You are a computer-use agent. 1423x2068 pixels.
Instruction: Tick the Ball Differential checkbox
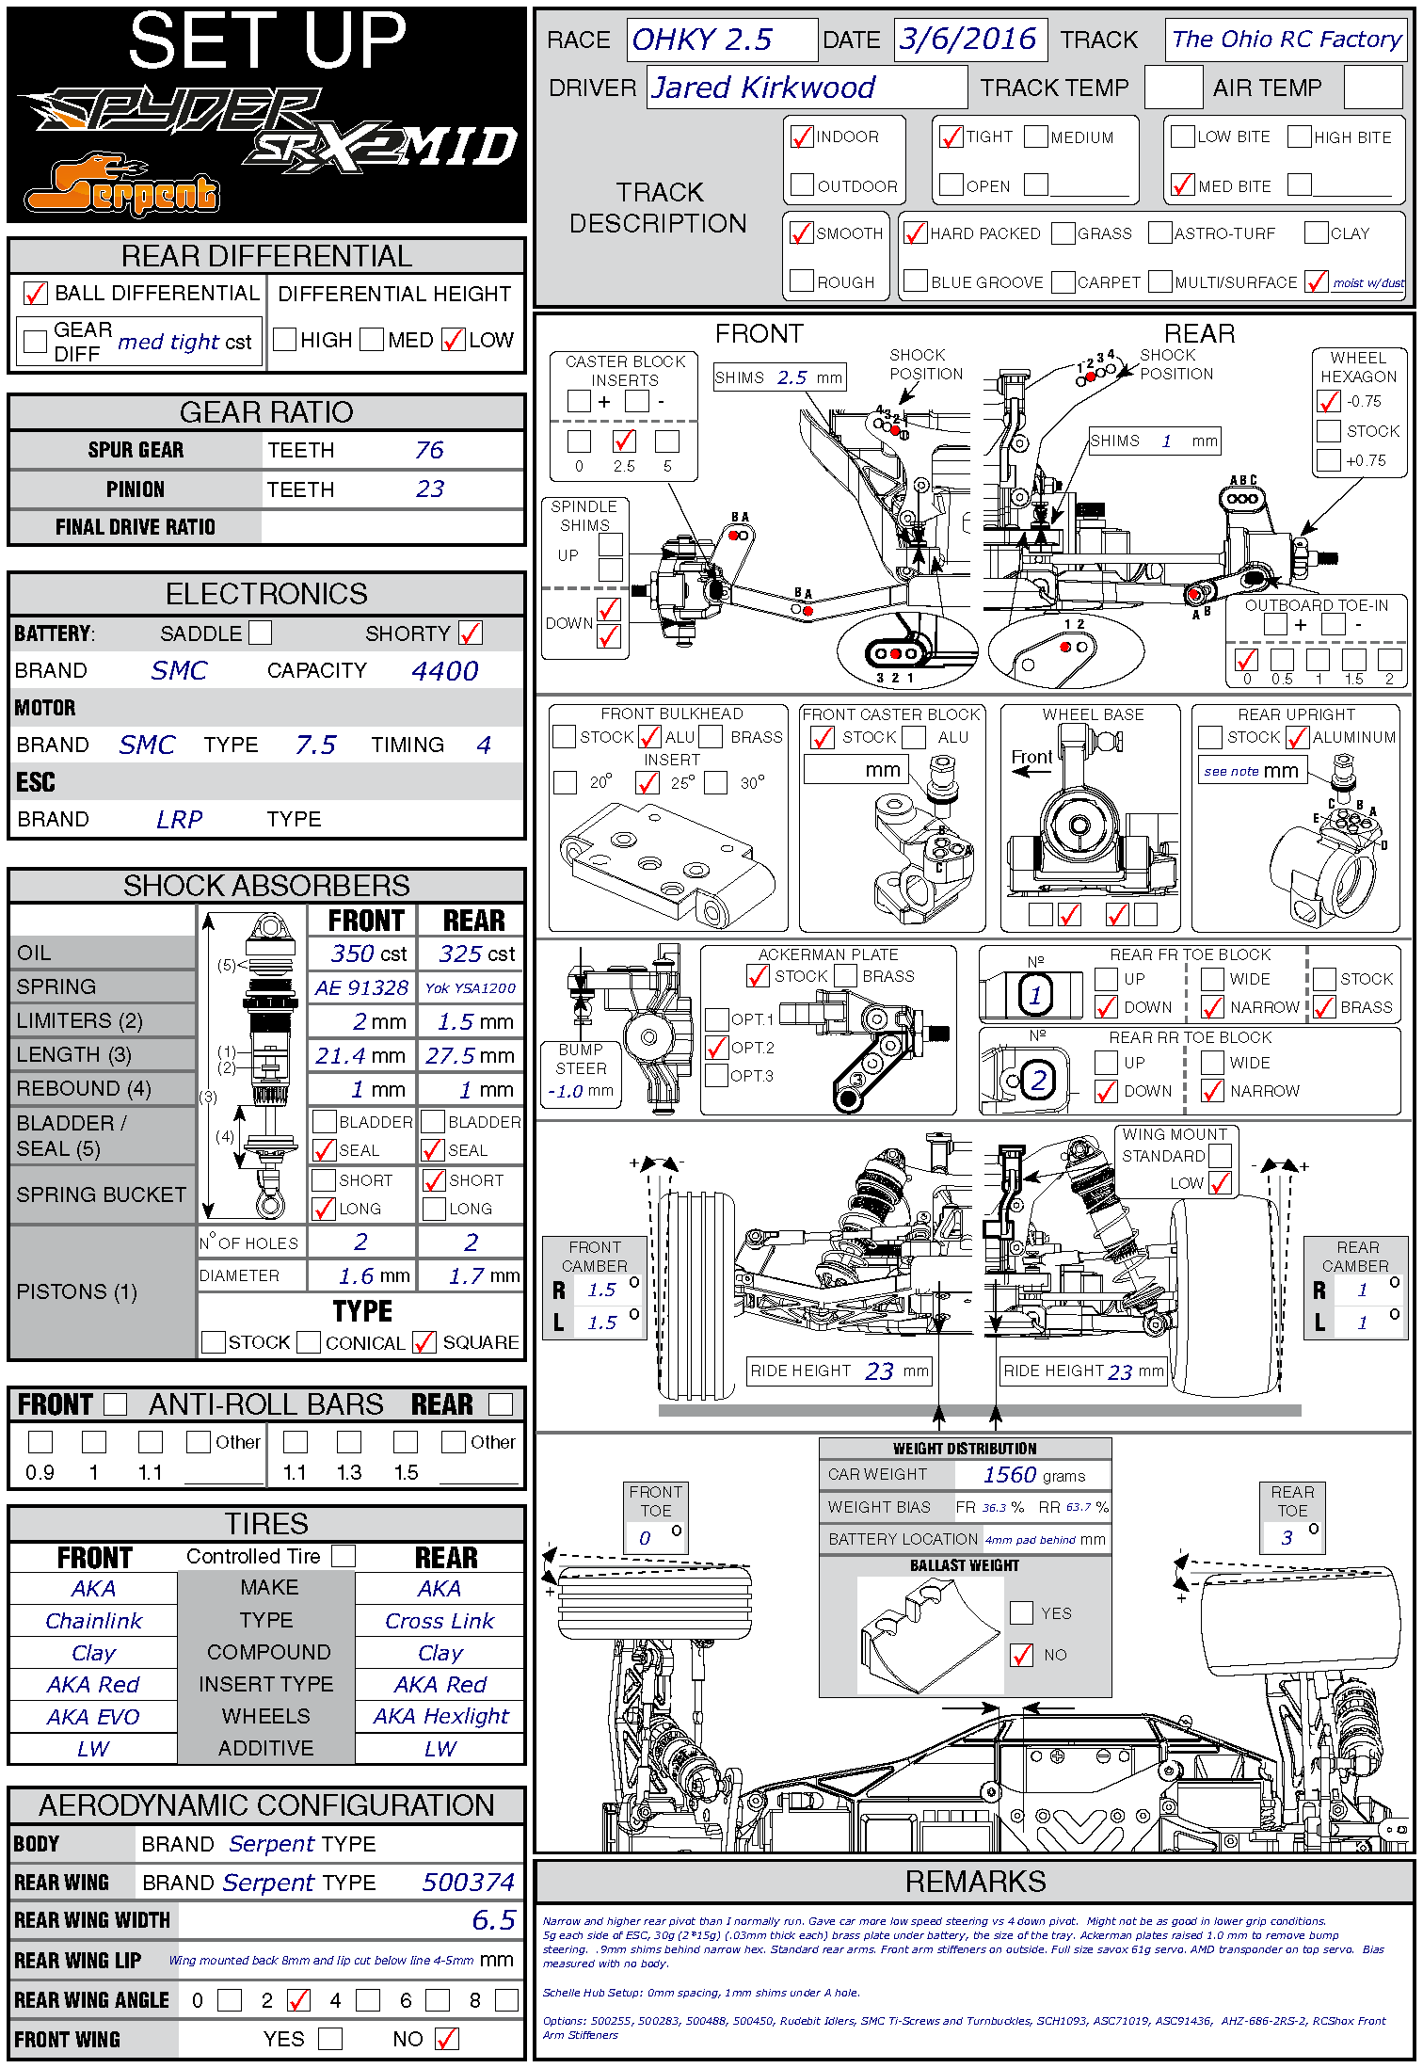[35, 294]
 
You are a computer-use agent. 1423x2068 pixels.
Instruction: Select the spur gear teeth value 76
[429, 450]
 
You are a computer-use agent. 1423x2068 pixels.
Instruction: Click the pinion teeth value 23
[429, 489]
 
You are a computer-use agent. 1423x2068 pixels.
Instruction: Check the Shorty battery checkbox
[471, 633]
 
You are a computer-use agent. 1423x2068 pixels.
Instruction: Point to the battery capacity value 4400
[444, 671]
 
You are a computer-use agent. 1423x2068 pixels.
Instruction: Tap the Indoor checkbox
[802, 137]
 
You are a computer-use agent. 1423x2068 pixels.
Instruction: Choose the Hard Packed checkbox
[915, 233]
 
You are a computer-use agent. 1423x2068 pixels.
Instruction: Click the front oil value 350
[353, 954]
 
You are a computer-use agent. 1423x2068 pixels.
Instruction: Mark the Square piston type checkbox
[424, 1342]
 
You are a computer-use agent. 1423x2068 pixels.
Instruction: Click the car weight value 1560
[1009, 1475]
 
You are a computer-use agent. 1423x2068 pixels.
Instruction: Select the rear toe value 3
[1287, 1537]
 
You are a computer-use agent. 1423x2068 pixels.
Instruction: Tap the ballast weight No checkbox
[1021, 1655]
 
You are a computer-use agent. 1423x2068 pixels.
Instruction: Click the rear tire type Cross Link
[440, 1621]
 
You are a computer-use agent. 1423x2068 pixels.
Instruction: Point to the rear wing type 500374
[468, 1882]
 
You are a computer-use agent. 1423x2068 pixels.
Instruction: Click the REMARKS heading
[975, 1881]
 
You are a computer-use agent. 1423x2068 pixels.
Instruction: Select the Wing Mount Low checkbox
[1220, 1183]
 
